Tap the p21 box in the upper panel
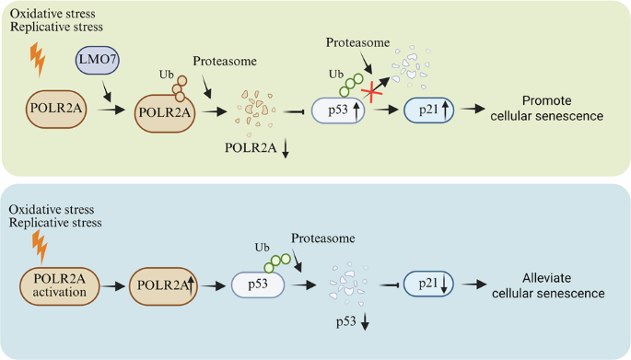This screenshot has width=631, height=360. (432, 110)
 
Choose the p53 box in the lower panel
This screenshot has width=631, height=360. (260, 285)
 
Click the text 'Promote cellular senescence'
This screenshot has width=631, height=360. (561, 109)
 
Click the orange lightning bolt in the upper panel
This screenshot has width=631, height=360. (38, 61)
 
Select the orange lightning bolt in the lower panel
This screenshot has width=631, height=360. (38, 244)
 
